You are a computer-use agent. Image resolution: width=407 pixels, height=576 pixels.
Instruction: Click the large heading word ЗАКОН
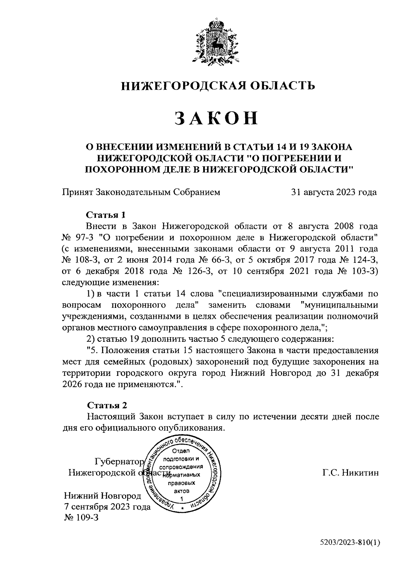point(216,118)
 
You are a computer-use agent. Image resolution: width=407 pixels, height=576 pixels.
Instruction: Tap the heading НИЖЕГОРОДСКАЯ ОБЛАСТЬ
point(218,86)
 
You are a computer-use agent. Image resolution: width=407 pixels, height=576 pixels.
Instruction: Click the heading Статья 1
point(106,215)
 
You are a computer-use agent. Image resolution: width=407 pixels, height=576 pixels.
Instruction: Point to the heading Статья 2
point(107,405)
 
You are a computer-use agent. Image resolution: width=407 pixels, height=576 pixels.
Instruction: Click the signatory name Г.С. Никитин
point(350,473)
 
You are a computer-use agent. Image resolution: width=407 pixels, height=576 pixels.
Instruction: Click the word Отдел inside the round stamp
point(182,451)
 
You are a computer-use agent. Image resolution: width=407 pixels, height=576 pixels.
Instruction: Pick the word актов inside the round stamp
point(182,490)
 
